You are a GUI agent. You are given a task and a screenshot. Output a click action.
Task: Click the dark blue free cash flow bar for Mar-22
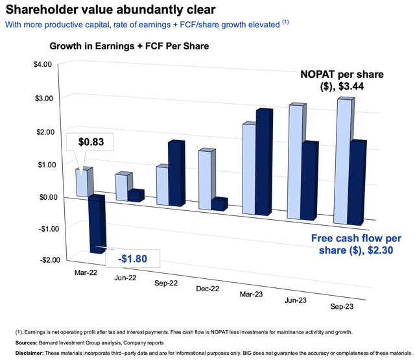pyautogui.click(x=97, y=224)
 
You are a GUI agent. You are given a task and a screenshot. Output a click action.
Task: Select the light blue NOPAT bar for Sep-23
pyautogui.click(x=342, y=162)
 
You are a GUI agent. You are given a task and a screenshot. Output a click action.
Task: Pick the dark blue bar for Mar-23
pyautogui.click(x=264, y=162)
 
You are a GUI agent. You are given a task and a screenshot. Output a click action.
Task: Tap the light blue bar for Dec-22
pyautogui.click(x=207, y=180)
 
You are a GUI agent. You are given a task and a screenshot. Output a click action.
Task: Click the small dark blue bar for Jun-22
pyautogui.click(x=136, y=196)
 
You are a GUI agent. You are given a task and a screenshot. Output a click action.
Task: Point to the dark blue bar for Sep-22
pyautogui.click(x=176, y=173)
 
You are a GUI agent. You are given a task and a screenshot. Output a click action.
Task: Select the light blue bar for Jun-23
pyautogui.click(x=296, y=162)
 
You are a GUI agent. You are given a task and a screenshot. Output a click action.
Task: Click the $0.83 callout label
pyautogui.click(x=91, y=142)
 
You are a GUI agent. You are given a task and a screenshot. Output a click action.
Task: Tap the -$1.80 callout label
pyautogui.click(x=132, y=259)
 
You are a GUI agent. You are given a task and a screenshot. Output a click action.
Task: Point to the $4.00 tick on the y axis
pyautogui.click(x=43, y=64)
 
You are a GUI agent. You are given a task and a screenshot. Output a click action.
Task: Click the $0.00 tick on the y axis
pyautogui.click(x=49, y=197)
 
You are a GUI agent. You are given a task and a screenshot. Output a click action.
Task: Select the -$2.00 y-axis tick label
pyautogui.click(x=50, y=260)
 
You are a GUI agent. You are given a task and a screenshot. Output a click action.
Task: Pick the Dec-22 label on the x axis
pyautogui.click(x=207, y=289)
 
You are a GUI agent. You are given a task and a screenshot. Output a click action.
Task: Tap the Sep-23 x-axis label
pyautogui.click(x=342, y=307)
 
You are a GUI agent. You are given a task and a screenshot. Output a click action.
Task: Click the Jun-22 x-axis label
pyautogui.click(x=125, y=278)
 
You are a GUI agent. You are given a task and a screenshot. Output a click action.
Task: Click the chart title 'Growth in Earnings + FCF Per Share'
pyautogui.click(x=129, y=46)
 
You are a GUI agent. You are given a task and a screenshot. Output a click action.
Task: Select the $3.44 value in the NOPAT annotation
pyautogui.click(x=351, y=86)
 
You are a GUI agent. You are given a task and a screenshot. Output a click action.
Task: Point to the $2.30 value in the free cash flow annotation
pyautogui.click(x=381, y=250)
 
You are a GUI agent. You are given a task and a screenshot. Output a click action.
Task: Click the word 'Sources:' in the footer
pyautogui.click(x=26, y=342)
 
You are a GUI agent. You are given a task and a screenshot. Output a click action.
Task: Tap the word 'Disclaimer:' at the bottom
pyautogui.click(x=29, y=353)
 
